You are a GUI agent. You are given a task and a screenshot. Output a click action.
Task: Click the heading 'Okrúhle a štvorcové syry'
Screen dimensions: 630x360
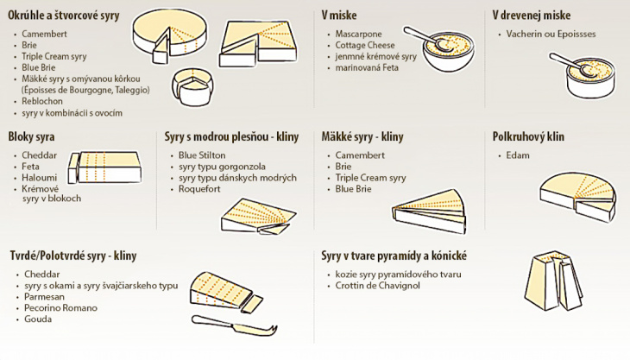(x=64, y=16)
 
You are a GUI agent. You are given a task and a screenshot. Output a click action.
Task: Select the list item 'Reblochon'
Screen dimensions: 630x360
(x=42, y=101)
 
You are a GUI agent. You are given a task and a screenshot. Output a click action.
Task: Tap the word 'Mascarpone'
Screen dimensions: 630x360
(x=358, y=35)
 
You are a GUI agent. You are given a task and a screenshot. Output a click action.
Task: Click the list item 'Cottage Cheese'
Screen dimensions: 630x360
(x=365, y=46)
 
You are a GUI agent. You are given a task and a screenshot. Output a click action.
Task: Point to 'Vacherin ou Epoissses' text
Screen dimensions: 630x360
(x=551, y=35)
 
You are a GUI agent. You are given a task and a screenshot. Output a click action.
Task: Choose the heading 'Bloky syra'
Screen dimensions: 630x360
(x=31, y=137)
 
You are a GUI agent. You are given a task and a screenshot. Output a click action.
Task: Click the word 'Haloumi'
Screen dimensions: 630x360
(x=40, y=178)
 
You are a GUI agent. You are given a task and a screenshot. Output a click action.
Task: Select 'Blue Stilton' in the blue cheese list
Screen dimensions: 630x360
(x=202, y=155)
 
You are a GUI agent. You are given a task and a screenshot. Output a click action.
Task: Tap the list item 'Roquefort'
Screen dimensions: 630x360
(x=199, y=189)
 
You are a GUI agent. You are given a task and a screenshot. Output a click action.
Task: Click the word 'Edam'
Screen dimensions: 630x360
(x=518, y=155)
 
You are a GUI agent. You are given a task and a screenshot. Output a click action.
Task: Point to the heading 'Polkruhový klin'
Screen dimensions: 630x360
(x=528, y=137)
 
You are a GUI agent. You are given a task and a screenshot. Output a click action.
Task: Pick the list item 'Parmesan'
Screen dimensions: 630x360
(x=44, y=296)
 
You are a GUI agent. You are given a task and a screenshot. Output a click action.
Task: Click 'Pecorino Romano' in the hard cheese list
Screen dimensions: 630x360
(x=60, y=307)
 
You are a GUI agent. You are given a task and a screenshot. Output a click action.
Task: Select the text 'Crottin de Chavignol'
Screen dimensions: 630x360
(x=378, y=286)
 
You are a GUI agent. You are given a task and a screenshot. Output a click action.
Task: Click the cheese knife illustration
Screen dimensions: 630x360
(x=234, y=325)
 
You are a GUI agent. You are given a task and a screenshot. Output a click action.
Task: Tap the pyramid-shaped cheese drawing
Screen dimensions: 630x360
(x=554, y=281)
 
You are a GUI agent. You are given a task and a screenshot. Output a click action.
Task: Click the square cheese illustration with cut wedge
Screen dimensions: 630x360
(x=259, y=43)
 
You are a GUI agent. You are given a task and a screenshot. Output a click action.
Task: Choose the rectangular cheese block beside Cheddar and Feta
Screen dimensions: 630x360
(x=105, y=167)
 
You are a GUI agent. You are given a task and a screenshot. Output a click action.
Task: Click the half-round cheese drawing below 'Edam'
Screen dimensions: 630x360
(x=577, y=197)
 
